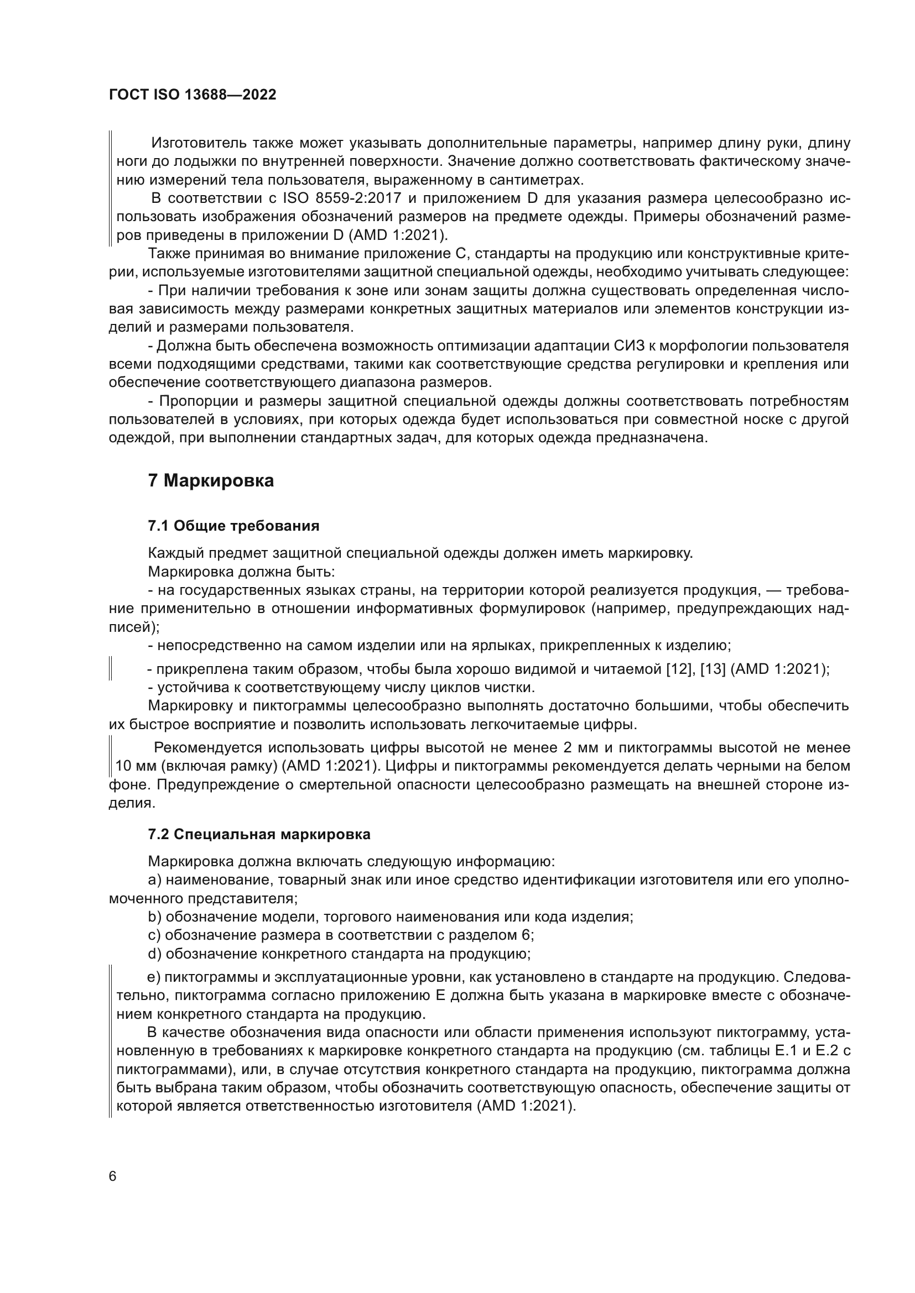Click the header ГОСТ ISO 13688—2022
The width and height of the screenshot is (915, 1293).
192,95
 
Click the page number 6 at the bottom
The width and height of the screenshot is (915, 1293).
113,1177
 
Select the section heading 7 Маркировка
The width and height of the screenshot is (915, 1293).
211,481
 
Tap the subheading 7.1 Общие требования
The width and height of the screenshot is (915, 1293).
233,526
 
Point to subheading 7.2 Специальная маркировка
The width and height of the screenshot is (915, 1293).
259,835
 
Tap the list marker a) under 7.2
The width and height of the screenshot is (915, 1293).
155,880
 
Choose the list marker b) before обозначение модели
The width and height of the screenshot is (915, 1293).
155,917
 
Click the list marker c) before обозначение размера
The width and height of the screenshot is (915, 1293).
155,935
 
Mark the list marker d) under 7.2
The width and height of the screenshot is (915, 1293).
155,954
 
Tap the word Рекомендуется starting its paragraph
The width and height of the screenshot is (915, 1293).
208,748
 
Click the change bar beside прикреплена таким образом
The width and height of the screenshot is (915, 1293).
111,669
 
